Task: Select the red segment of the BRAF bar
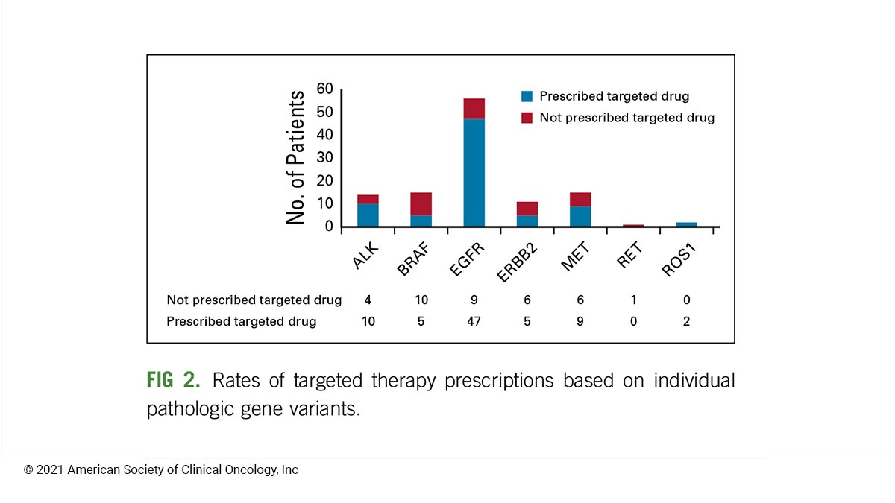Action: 421,204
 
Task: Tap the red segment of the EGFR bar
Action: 474,109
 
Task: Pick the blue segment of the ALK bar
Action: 368,215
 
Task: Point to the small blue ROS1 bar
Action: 686,224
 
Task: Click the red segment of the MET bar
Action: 580,199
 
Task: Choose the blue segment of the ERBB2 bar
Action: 527,221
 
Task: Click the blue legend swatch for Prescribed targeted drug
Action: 527,96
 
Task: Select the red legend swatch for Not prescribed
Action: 527,118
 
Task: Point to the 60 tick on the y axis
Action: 324,89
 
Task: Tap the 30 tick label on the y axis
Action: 324,158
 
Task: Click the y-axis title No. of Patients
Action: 296,157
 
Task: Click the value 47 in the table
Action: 474,321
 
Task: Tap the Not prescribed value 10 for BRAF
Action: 421,300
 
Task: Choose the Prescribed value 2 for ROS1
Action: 686,321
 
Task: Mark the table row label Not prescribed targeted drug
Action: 254,300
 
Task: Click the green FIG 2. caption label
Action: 173,381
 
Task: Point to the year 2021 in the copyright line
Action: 51,469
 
